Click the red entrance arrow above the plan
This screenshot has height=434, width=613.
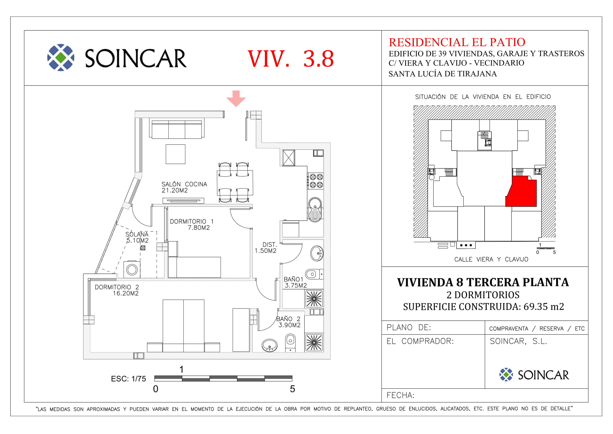236,99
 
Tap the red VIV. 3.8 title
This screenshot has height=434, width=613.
290,59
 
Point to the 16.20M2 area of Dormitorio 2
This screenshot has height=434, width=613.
126,293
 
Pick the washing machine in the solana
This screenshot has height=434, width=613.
132,269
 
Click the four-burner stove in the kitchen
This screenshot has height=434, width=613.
316,181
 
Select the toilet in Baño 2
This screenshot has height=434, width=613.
290,343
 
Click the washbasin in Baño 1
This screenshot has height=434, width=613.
317,253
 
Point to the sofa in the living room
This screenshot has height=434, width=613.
177,129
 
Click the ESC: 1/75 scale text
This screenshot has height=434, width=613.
128,379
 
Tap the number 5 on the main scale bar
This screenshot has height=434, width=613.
292,389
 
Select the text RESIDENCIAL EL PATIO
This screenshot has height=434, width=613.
457,42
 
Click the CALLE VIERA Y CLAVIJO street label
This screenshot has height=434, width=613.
491,259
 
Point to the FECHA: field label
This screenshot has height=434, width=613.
400,395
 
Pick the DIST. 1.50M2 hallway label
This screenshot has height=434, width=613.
266,247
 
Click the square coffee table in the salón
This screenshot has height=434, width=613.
175,154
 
